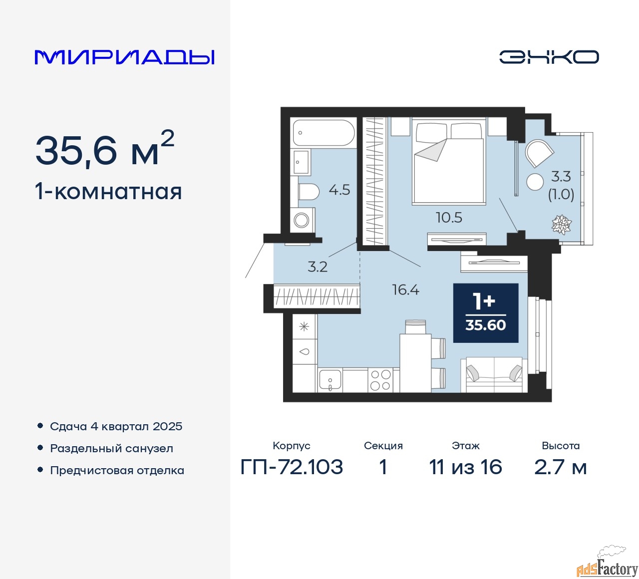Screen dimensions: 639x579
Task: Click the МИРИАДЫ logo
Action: pyautogui.click(x=124, y=57)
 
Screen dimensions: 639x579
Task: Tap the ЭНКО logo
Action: pyautogui.click(x=549, y=57)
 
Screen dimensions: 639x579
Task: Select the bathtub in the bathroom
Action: pyautogui.click(x=323, y=132)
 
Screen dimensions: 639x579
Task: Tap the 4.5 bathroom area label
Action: pyautogui.click(x=339, y=190)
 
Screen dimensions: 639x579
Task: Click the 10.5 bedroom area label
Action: pyautogui.click(x=449, y=218)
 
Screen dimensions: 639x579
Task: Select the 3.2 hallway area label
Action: pyautogui.click(x=318, y=267)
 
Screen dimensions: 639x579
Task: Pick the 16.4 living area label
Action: pyautogui.click(x=405, y=290)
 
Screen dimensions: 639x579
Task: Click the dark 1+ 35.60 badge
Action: pyautogui.click(x=485, y=313)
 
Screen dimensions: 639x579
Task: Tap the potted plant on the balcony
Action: pyautogui.click(x=562, y=225)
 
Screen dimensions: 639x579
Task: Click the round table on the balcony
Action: pyautogui.click(x=535, y=182)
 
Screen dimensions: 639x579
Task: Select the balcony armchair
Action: pyautogui.click(x=539, y=153)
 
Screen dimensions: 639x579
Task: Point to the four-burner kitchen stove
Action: pyautogui.click(x=380, y=380)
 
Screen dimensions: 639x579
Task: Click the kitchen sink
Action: pyautogui.click(x=330, y=380)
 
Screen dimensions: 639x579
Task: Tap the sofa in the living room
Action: pyautogui.click(x=494, y=374)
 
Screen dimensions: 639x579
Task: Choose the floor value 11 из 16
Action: pyautogui.click(x=465, y=467)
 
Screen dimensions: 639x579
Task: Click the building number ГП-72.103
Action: pyautogui.click(x=292, y=467)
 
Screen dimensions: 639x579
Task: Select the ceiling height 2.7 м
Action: pyautogui.click(x=560, y=467)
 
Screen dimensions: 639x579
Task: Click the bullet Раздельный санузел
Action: pyautogui.click(x=111, y=448)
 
